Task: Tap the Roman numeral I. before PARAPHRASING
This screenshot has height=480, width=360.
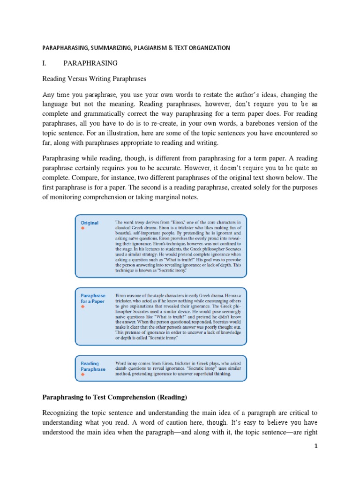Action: tap(45, 63)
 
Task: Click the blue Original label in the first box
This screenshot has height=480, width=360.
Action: tap(90, 223)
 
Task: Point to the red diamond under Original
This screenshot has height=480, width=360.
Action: tap(82, 229)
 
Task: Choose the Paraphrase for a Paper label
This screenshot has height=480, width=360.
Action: tap(93, 299)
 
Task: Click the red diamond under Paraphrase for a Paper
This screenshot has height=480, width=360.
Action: tap(82, 307)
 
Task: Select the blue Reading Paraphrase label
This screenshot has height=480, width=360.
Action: tap(93, 366)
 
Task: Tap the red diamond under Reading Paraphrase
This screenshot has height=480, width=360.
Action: tap(82, 375)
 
